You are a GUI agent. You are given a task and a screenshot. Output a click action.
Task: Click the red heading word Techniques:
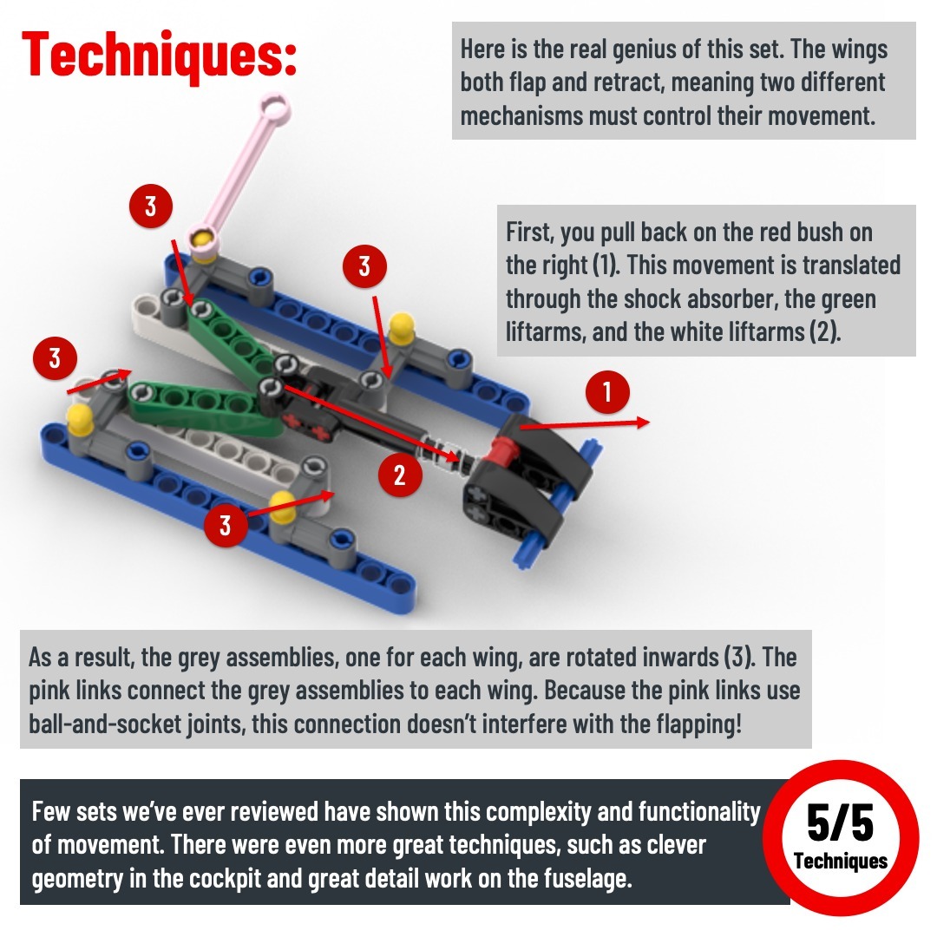(159, 54)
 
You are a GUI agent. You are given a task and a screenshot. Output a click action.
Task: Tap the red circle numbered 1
(607, 393)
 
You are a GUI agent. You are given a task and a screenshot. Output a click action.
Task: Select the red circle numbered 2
(400, 475)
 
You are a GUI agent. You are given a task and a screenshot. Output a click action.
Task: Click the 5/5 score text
(840, 822)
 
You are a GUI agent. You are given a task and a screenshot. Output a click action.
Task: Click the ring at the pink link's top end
(276, 108)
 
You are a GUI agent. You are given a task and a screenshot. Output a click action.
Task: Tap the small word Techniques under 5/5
(840, 862)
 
